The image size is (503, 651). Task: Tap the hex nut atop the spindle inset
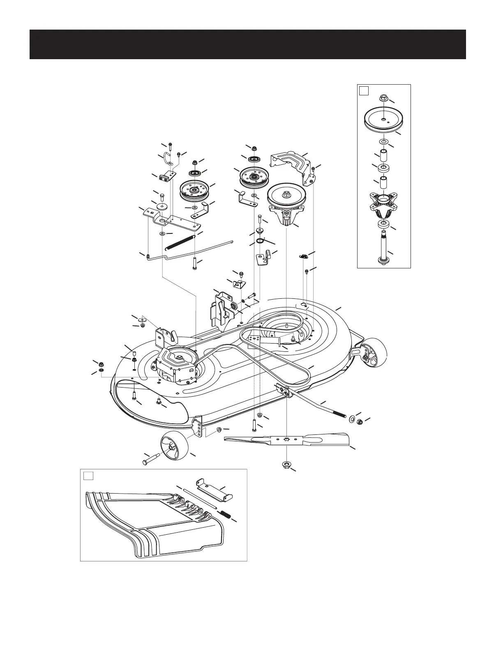click(x=383, y=98)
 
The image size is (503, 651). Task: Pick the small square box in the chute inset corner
click(x=88, y=476)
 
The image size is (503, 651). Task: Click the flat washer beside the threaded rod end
click(x=353, y=420)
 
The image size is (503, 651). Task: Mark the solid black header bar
click(x=247, y=44)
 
